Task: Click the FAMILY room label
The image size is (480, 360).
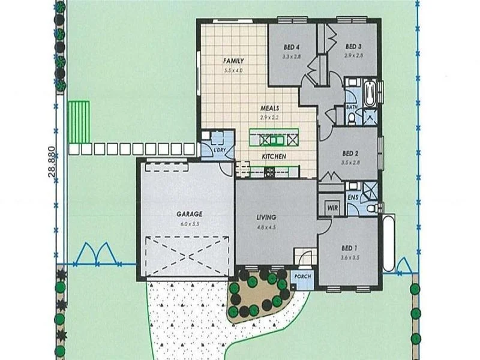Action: (233, 61)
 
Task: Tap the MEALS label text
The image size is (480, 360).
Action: (270, 109)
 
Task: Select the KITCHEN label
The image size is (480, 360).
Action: (273, 157)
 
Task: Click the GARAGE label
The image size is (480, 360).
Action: (189, 214)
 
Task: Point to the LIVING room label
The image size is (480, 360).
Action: (266, 217)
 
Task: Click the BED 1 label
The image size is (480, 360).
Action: (347, 248)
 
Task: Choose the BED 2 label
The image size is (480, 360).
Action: (349, 153)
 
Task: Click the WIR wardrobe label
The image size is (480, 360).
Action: (332, 208)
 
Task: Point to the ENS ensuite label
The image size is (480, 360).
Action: (354, 197)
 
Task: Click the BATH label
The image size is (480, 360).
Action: (351, 108)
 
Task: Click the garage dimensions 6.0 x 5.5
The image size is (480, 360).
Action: (189, 223)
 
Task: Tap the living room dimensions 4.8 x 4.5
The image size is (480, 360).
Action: (266, 227)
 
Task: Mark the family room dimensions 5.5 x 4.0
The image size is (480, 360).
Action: (233, 70)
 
